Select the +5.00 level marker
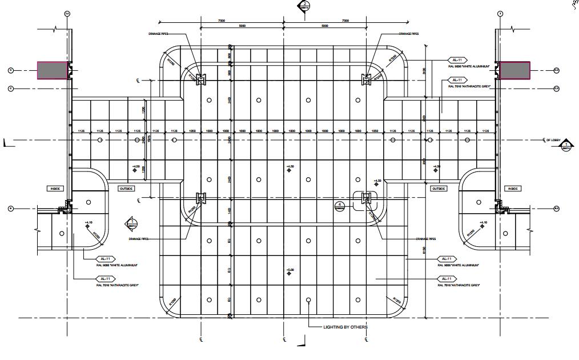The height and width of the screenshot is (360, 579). click(x=290, y=270)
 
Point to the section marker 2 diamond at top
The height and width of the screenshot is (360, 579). click(x=306, y=5)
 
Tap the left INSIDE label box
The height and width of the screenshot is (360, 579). click(x=55, y=188)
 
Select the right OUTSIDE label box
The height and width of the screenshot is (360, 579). click(x=439, y=188)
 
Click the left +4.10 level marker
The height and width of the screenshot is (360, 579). click(x=89, y=223)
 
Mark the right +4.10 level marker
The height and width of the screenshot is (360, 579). click(x=483, y=223)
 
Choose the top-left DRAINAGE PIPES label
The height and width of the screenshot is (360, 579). click(x=158, y=34)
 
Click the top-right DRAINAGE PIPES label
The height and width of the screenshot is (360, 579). click(x=408, y=34)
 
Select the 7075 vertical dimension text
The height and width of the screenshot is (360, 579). click(x=150, y=139)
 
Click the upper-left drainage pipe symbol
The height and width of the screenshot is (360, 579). click(x=200, y=78)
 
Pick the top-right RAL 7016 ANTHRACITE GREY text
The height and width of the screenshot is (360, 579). click(x=470, y=86)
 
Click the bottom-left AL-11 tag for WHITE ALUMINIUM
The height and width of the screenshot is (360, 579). click(x=107, y=259)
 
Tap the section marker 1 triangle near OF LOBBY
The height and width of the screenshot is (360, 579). click(x=566, y=147)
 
